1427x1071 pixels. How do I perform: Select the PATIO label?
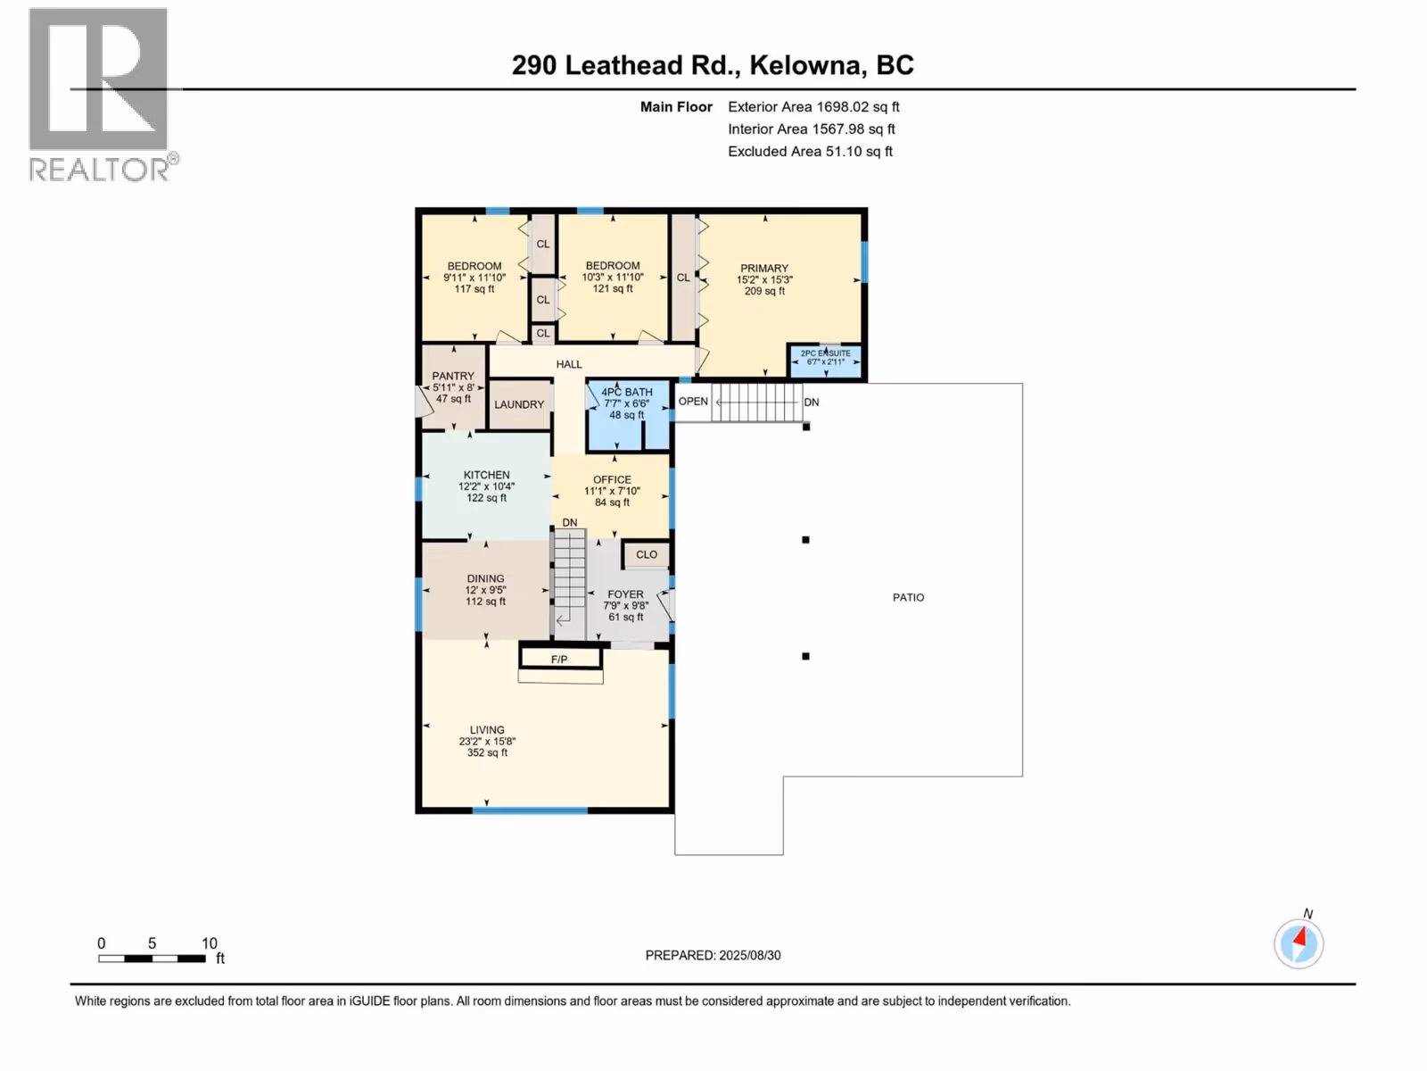(x=908, y=597)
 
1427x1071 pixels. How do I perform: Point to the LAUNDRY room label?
(x=519, y=404)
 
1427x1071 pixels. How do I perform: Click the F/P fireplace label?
(x=559, y=660)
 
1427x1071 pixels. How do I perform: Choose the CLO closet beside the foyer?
(x=647, y=554)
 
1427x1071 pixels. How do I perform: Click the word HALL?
(x=569, y=364)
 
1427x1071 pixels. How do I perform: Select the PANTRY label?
(x=453, y=376)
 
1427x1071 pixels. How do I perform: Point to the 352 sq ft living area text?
(x=487, y=752)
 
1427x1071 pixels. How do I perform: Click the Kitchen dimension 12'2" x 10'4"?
(x=486, y=486)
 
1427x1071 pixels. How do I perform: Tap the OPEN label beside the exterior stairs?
(x=693, y=402)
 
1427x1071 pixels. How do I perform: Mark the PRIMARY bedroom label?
(x=763, y=268)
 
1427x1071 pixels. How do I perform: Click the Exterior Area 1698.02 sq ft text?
(x=813, y=106)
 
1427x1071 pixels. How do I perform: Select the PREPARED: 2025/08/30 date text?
(x=713, y=955)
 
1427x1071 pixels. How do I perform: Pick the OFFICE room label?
(x=612, y=479)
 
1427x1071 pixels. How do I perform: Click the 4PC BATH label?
(x=627, y=392)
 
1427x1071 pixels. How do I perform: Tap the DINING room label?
(x=485, y=578)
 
